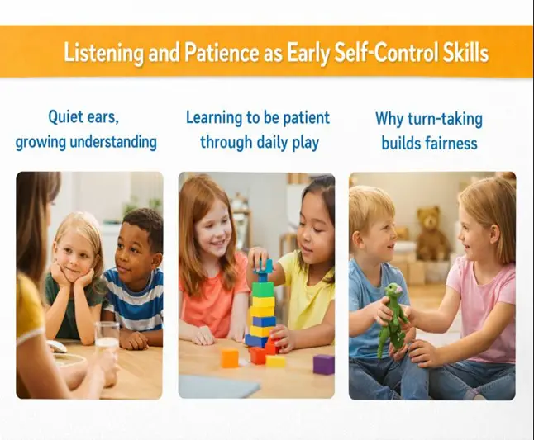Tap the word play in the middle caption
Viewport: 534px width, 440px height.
[x=304, y=142]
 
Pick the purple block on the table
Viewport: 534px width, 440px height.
[x=324, y=364]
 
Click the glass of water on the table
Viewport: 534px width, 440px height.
[x=107, y=338]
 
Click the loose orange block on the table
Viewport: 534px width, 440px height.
[x=229, y=357]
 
